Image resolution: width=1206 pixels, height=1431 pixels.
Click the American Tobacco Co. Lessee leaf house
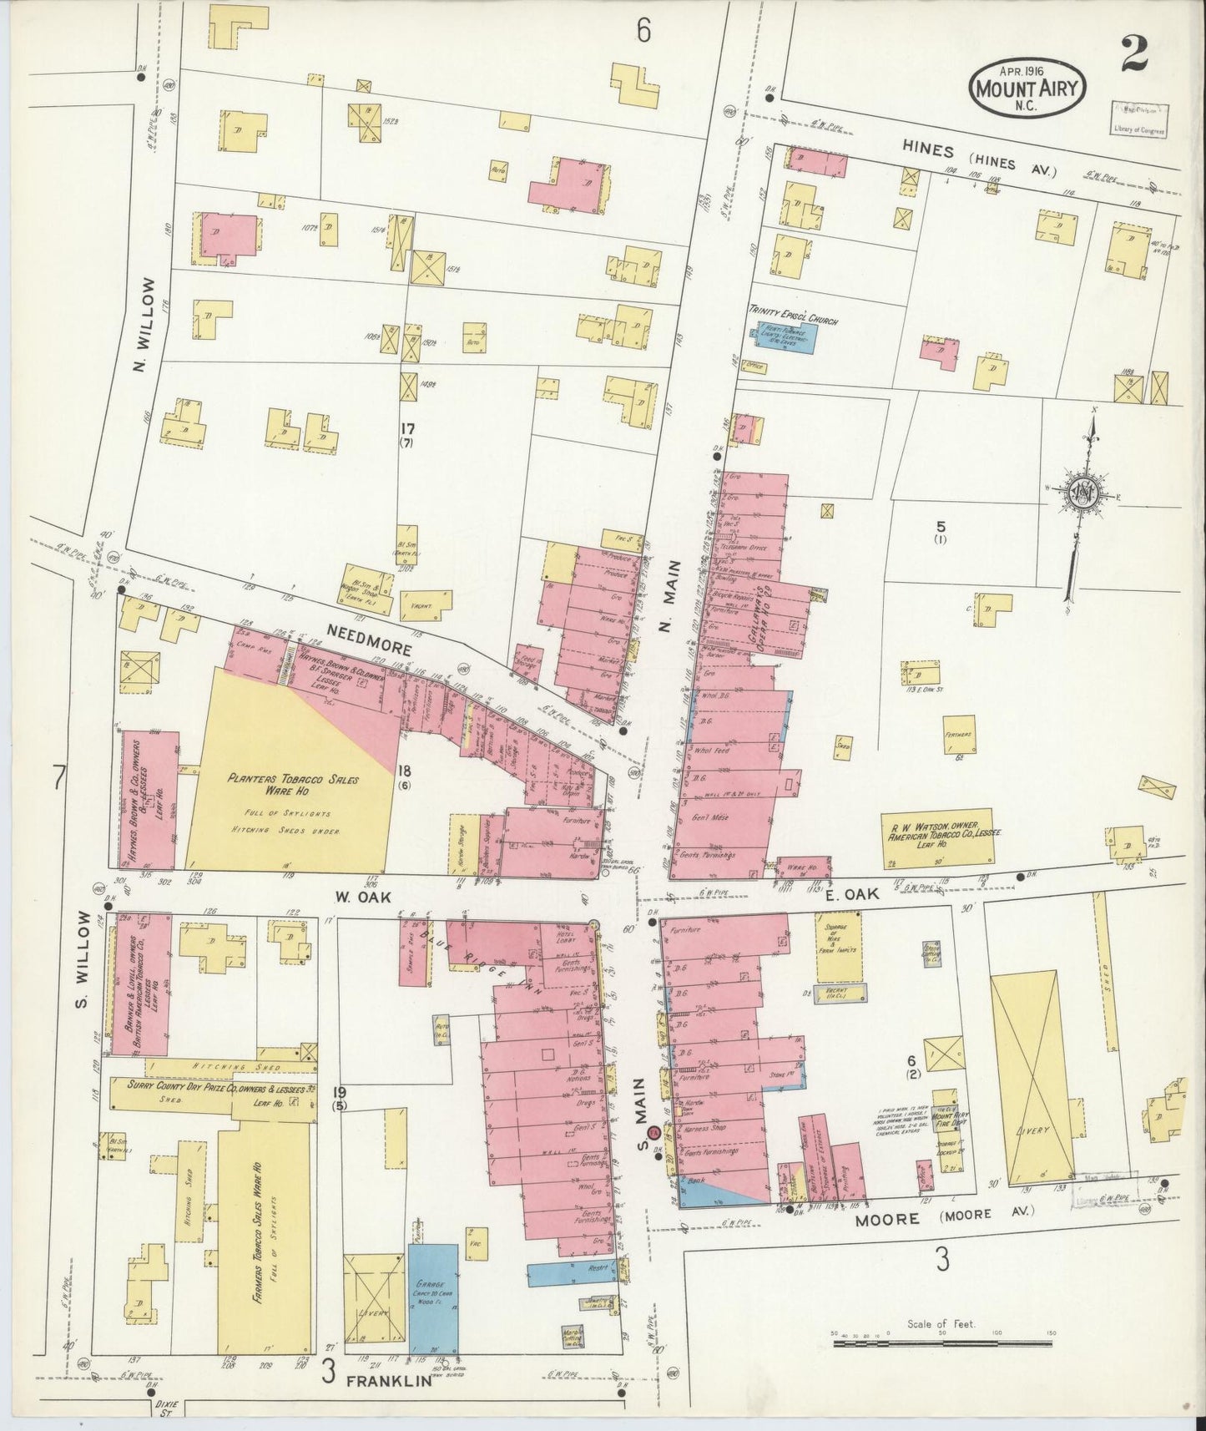939,838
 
